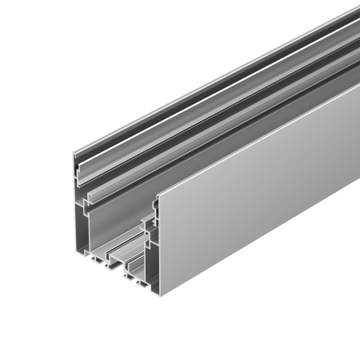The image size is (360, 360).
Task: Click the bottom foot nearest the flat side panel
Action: click(145, 285)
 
